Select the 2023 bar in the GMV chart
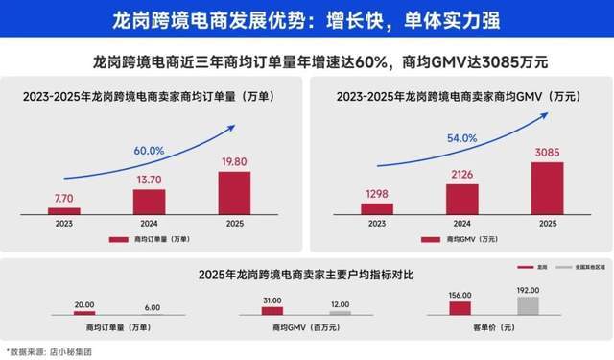(377, 209)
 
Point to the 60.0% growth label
(149, 151)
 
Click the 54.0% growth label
(462, 138)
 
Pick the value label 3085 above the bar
(547, 152)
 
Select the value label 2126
(461, 174)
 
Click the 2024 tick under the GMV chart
(461, 223)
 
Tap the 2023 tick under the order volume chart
(64, 223)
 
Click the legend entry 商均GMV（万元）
(465, 238)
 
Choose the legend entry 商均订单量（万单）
(157, 238)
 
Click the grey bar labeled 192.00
(529, 306)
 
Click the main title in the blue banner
(307, 19)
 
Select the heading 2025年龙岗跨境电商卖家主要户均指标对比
(306, 275)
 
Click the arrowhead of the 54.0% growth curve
(549, 113)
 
